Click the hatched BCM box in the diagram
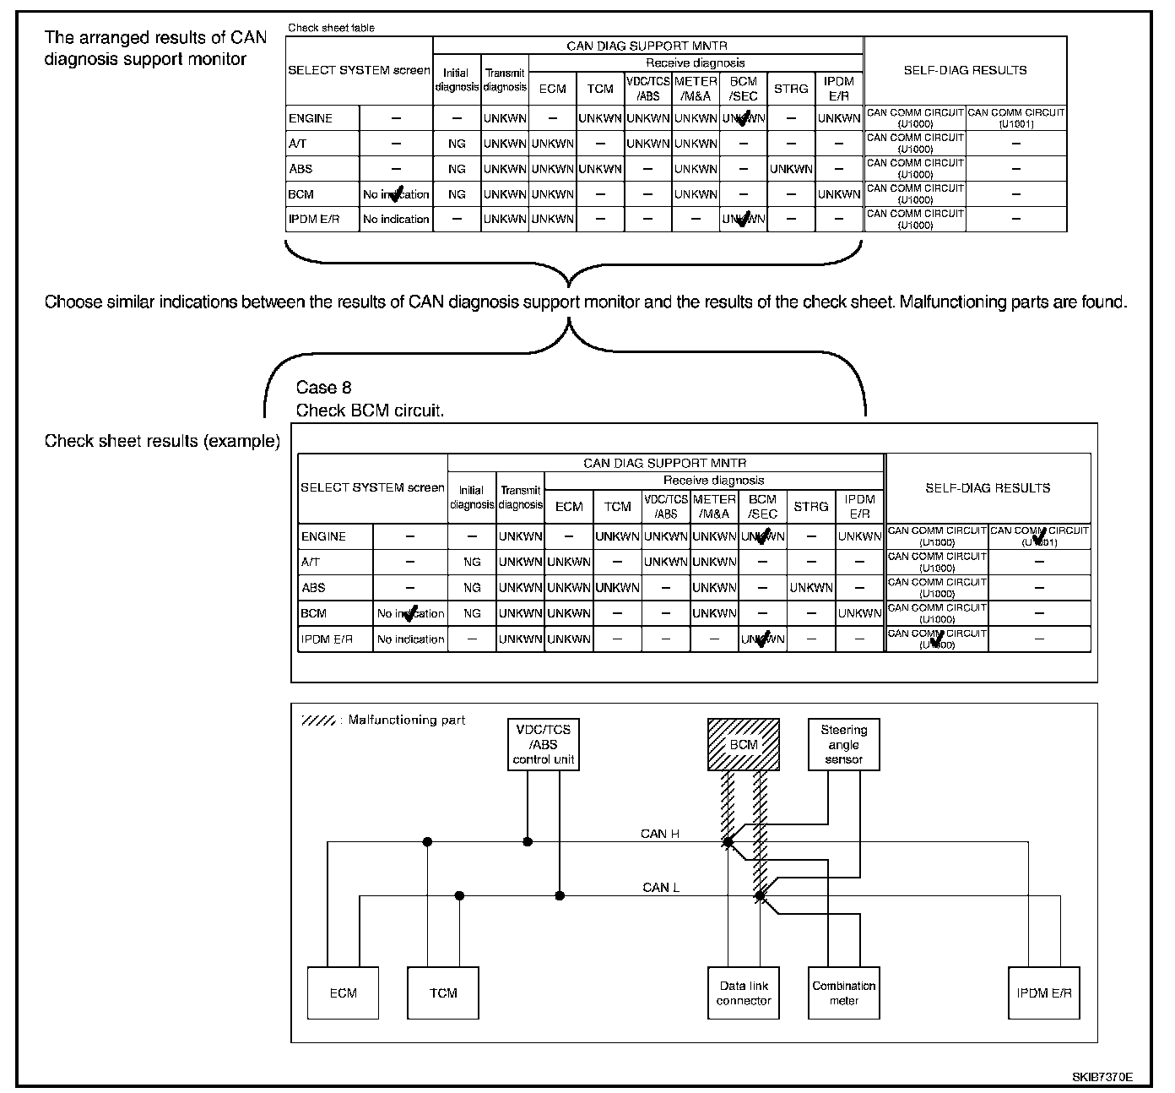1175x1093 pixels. coord(744,744)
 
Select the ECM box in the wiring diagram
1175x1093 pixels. coord(343,992)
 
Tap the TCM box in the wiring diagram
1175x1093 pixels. coord(443,992)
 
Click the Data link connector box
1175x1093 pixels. coord(744,992)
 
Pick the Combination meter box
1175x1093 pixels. coord(843,992)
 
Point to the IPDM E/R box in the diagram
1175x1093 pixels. coord(1044,992)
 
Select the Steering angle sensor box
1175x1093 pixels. coord(843,744)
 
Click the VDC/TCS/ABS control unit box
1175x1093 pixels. coord(544,744)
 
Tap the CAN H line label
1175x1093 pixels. coord(660,834)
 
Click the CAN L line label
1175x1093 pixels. coord(661,887)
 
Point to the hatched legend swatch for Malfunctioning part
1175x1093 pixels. coord(319,721)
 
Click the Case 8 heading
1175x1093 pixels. coord(323,388)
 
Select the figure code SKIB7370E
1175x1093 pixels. coord(1102,1077)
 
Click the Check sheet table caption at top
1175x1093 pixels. coord(331,28)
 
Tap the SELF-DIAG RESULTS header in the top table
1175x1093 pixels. coord(965,70)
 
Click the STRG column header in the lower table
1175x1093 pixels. coord(810,506)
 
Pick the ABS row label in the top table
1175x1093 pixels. coord(301,169)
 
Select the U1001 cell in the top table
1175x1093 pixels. coord(1016,118)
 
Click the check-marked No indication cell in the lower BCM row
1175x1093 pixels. coord(410,613)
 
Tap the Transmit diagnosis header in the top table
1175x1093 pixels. coord(505,80)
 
